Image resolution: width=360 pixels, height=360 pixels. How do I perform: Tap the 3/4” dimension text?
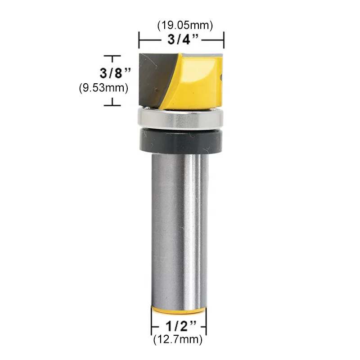tap(181, 40)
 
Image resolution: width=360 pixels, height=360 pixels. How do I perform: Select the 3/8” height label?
tap(115, 72)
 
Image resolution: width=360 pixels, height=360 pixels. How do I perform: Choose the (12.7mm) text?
tap(179, 339)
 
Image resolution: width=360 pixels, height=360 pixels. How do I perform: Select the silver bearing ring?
tap(180, 118)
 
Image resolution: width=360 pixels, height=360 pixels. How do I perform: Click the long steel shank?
tap(179, 225)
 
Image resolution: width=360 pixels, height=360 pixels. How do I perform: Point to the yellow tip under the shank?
tap(179, 310)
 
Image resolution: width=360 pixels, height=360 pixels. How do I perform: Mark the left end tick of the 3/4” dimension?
tap(139, 40)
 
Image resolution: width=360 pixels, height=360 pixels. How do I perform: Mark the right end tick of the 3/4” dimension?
tap(224, 40)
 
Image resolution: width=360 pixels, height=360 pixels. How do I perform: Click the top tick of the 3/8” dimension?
tap(112, 56)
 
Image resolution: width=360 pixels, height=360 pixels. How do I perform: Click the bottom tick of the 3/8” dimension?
tap(112, 105)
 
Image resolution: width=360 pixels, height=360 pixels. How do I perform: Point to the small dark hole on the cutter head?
tap(221, 77)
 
